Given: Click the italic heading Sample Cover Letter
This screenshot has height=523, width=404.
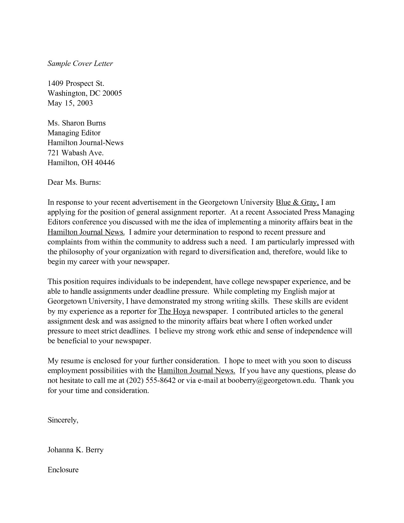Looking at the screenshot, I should pyautogui.click(x=80, y=63).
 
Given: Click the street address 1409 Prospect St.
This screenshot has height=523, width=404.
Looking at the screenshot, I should pyautogui.click(x=76, y=83).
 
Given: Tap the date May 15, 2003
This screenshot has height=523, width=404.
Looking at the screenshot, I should pyautogui.click(x=70, y=103).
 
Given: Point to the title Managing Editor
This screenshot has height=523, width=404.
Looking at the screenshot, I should pyautogui.click(x=74, y=133).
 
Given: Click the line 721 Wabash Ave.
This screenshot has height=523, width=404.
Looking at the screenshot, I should pyautogui.click(x=75, y=153).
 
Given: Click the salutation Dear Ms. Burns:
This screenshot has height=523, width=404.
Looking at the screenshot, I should pyautogui.click(x=74, y=183).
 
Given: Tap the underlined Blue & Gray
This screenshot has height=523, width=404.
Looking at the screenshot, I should pyautogui.click(x=297, y=202).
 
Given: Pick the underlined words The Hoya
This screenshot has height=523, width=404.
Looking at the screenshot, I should pyautogui.click(x=174, y=311).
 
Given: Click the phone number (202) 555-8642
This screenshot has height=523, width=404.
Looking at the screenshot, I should pyautogui.click(x=151, y=380).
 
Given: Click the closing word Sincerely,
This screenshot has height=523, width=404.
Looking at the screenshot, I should pyautogui.click(x=63, y=420).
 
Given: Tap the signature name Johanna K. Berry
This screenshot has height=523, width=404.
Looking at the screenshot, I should pyautogui.click(x=75, y=450).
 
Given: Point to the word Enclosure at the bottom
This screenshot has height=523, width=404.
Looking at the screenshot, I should pyautogui.click(x=63, y=470).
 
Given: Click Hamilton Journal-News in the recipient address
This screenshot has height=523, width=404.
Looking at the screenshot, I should pyautogui.click(x=85, y=143).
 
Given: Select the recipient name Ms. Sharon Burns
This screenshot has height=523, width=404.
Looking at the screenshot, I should pyautogui.click(x=76, y=123).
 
